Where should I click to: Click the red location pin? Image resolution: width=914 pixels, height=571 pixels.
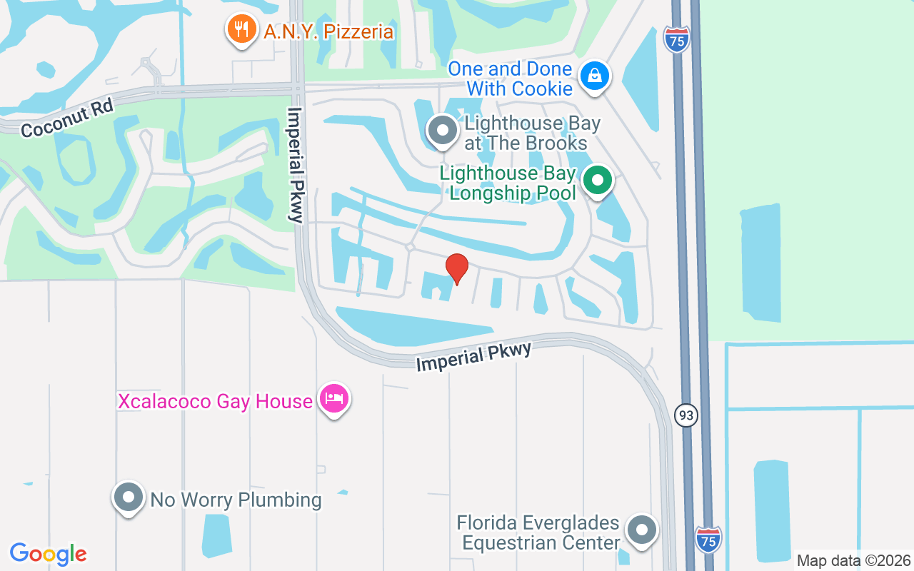pyautogui.click(x=457, y=268)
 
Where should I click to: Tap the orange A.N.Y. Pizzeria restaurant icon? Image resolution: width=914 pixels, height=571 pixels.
pyautogui.click(x=242, y=29)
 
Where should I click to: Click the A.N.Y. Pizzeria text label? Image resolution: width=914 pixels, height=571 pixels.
pyautogui.click(x=328, y=31)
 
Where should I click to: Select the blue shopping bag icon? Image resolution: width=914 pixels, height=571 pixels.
pyautogui.click(x=594, y=74)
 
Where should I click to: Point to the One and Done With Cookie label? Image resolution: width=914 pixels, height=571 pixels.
pyautogui.click(x=510, y=79)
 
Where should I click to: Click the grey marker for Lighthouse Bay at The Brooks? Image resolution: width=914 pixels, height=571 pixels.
pyautogui.click(x=442, y=131)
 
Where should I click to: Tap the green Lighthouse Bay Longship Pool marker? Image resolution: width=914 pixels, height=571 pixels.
pyautogui.click(x=597, y=181)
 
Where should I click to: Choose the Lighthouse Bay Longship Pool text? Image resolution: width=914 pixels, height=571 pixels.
pyautogui.click(x=508, y=183)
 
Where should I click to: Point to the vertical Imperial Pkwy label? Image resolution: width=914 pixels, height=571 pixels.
pyautogui.click(x=296, y=165)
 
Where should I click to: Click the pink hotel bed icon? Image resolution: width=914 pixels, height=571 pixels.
pyautogui.click(x=333, y=398)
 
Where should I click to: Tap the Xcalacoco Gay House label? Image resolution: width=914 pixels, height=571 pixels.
pyautogui.click(x=215, y=401)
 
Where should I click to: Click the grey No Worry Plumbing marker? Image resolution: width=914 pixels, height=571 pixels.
pyautogui.click(x=129, y=496)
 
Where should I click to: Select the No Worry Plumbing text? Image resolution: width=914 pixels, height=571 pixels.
pyautogui.click(x=236, y=500)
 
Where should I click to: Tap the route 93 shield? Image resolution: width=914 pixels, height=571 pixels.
pyautogui.click(x=685, y=415)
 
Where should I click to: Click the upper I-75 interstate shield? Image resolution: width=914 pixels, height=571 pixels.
pyautogui.click(x=677, y=40)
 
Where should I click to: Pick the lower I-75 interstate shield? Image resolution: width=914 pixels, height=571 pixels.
pyautogui.click(x=708, y=539)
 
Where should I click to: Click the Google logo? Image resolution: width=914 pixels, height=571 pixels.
pyautogui.click(x=49, y=554)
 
